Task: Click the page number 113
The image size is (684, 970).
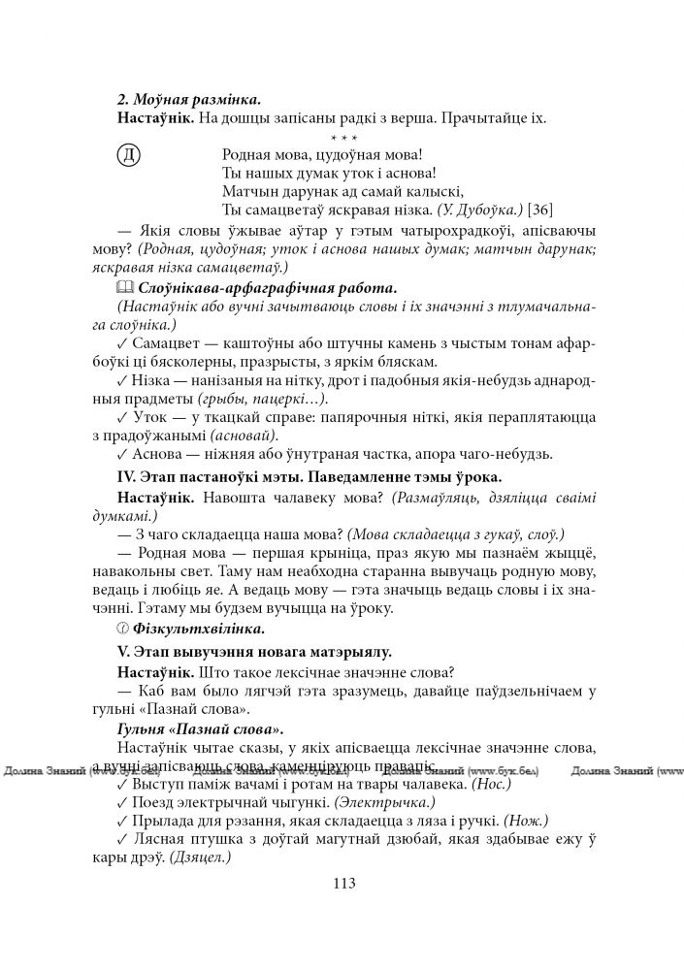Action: click(x=343, y=884)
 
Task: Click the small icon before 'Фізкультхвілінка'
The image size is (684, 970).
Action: click(x=122, y=630)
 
